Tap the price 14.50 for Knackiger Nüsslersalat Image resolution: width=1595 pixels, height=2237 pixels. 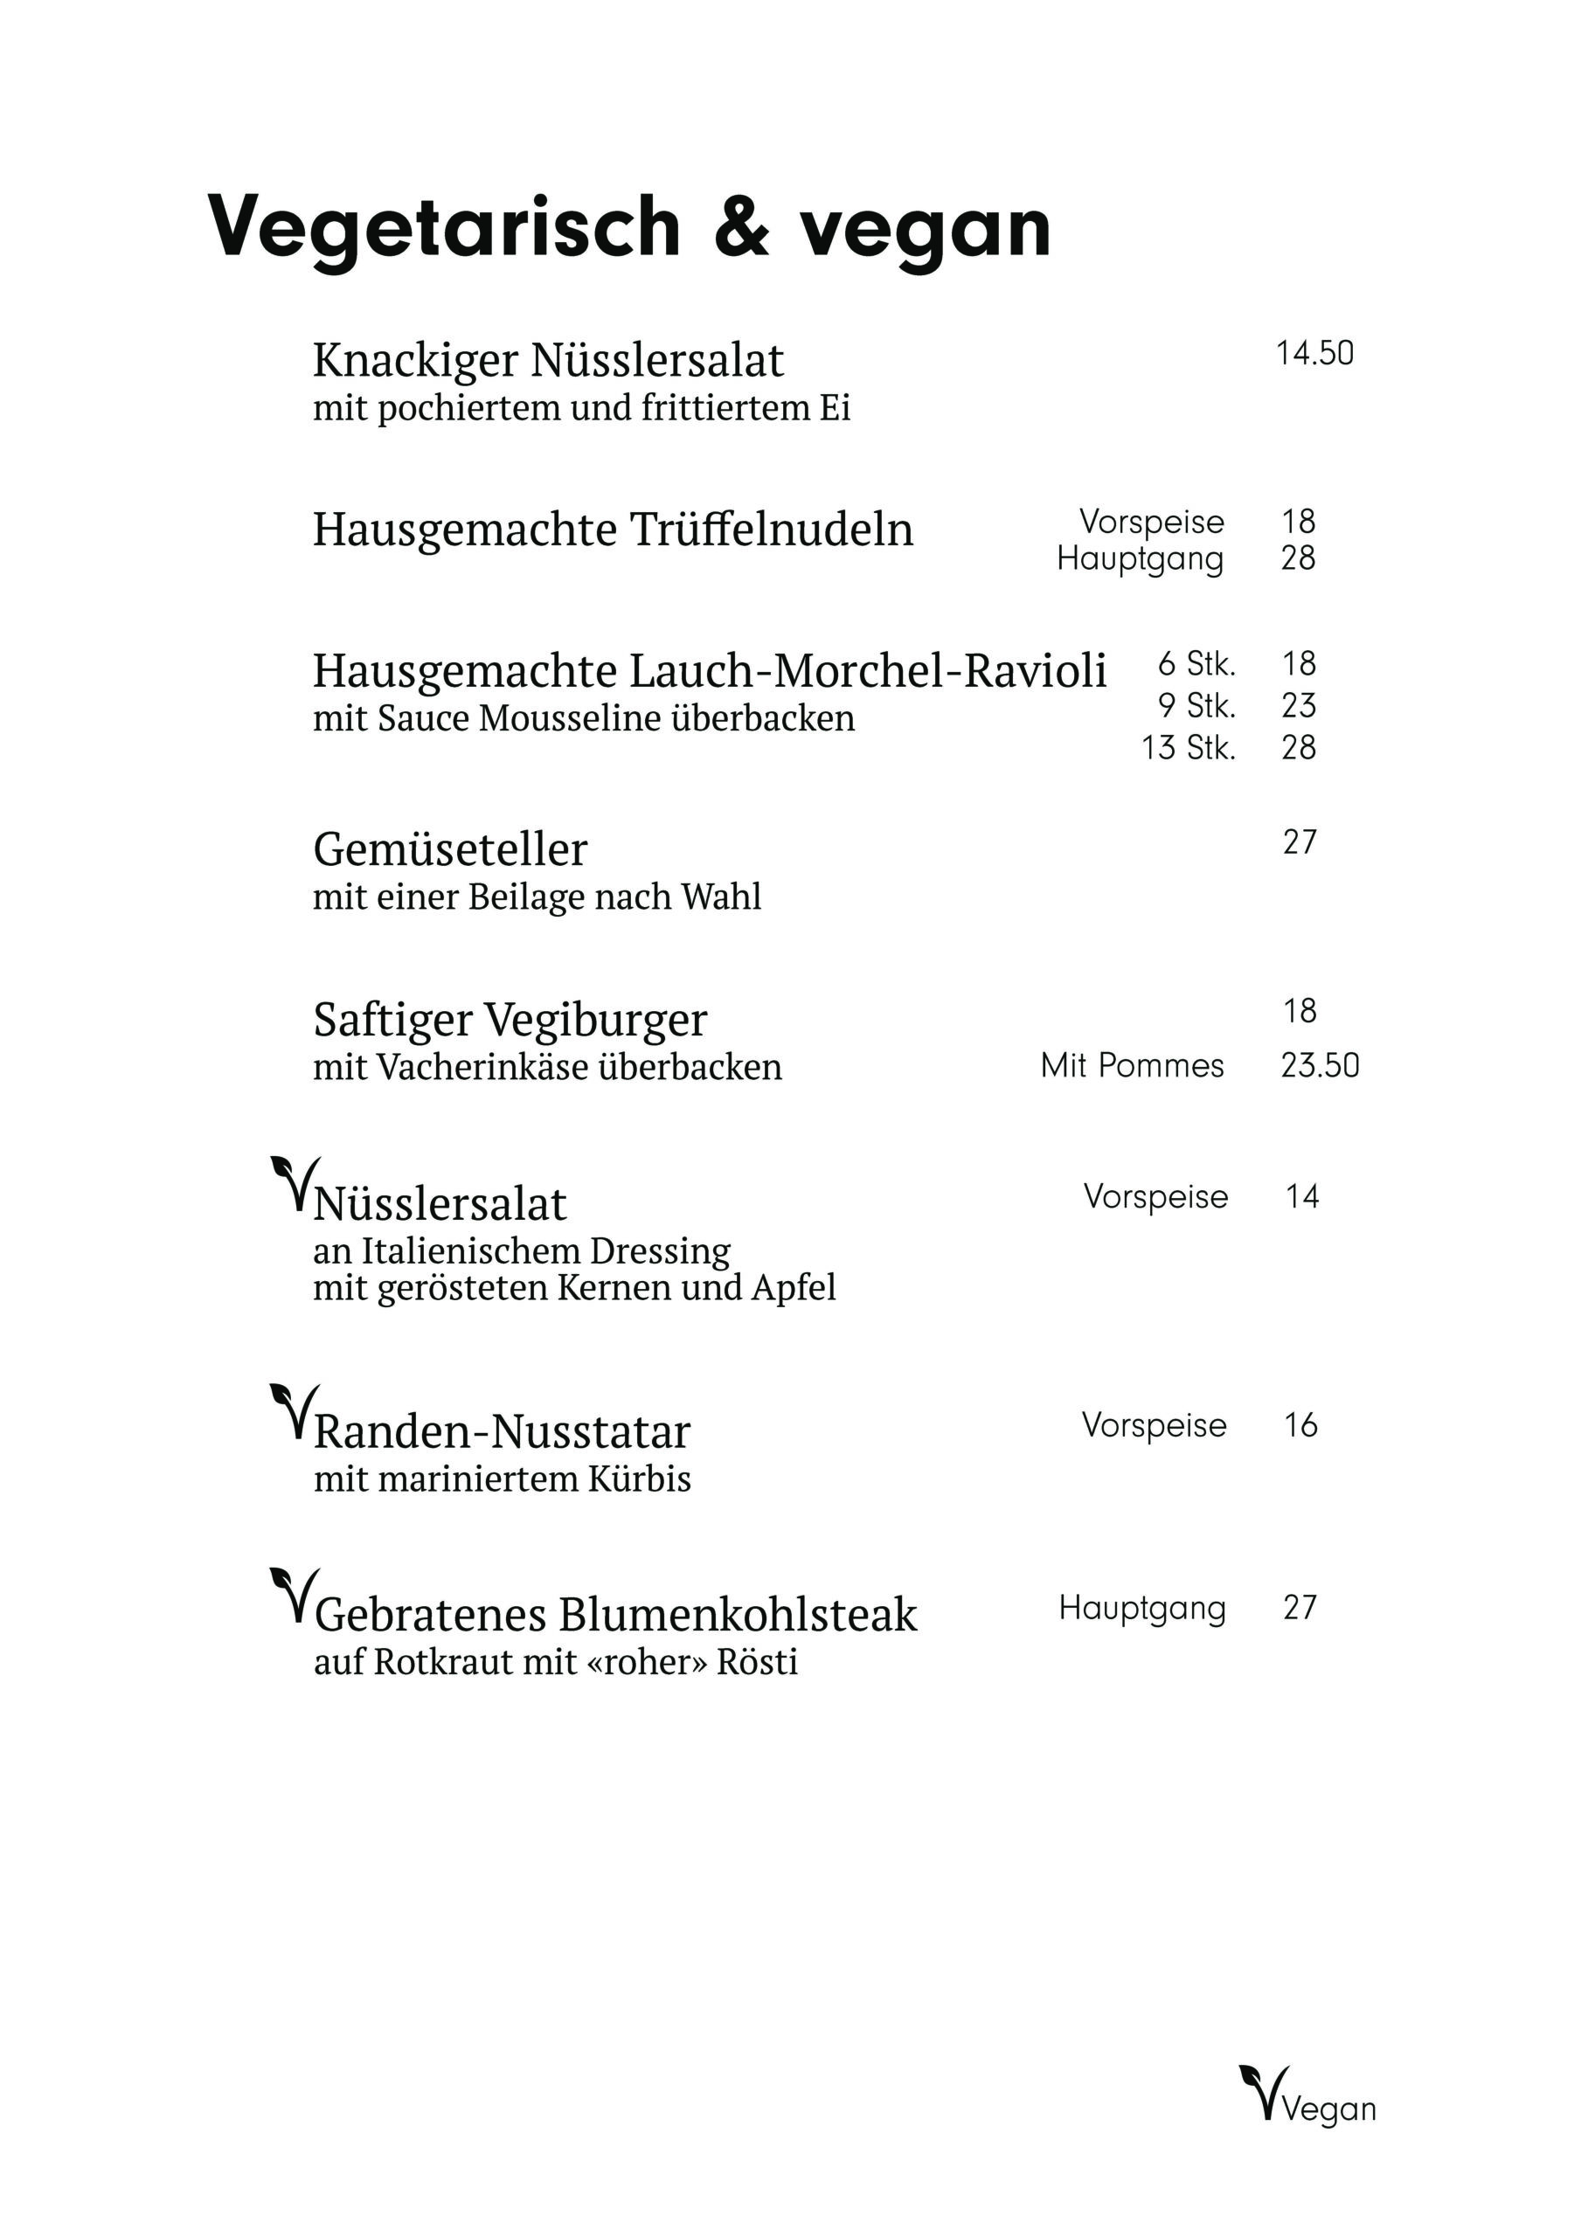point(1314,354)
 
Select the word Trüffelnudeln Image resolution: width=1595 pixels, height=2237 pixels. point(771,530)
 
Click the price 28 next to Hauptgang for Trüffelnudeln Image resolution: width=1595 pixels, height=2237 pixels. point(1297,558)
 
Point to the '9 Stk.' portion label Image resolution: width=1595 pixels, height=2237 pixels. point(1196,705)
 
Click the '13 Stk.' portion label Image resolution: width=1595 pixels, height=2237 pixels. point(1188,747)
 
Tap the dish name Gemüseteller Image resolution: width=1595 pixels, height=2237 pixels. point(450,849)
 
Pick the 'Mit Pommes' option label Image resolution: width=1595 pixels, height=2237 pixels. point(1132,1065)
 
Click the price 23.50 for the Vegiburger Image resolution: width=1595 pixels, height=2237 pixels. point(1319,1065)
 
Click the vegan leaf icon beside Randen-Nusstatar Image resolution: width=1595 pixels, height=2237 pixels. point(294,1411)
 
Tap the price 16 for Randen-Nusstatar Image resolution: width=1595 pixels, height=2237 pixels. point(1300,1425)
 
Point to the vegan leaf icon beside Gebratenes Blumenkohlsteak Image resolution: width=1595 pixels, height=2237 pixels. point(294,1595)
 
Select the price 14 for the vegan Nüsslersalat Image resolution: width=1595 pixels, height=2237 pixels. point(1301,1196)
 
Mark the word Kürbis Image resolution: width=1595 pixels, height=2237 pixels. point(640,1479)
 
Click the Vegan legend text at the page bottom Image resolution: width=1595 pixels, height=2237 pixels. point(1328,2109)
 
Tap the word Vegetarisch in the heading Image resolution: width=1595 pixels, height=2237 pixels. point(444,227)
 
